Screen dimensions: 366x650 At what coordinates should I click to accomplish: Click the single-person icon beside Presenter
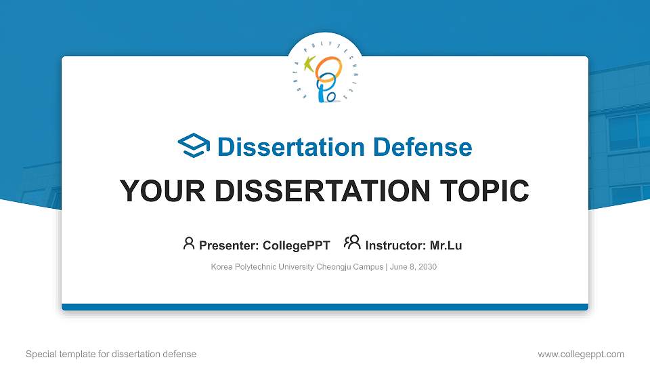point(189,243)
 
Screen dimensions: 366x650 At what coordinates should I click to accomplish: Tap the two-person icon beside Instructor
point(352,243)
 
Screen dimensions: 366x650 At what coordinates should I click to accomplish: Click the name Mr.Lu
point(446,245)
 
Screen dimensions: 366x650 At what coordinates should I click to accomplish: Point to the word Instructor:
point(395,245)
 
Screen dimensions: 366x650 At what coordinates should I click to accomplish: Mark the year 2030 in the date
point(427,267)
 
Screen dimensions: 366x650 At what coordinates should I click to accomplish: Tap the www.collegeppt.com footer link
point(580,354)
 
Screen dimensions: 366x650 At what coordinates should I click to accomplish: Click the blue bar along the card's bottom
point(325,307)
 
